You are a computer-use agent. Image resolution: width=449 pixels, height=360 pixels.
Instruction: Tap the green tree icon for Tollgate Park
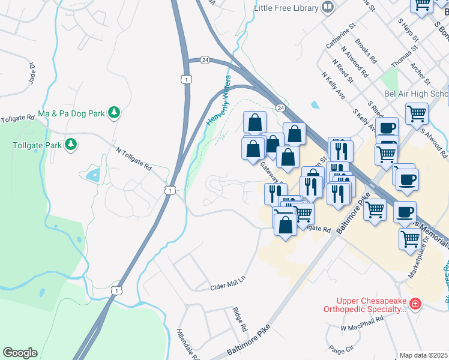(x=71, y=145)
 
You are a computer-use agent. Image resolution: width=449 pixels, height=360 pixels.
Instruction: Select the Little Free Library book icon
(x=328, y=7)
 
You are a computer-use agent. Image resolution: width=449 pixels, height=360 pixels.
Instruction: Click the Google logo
(x=20, y=353)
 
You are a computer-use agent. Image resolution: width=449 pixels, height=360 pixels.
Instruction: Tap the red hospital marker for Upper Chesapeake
(x=415, y=305)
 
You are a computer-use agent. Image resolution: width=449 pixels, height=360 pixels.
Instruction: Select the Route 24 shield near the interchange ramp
(x=205, y=60)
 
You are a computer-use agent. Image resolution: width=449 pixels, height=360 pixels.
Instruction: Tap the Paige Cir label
(x=342, y=348)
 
